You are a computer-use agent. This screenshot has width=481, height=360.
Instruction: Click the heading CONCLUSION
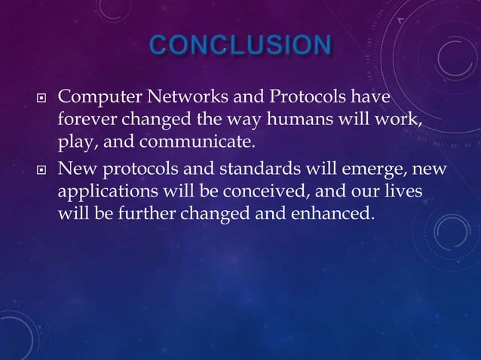[240, 46]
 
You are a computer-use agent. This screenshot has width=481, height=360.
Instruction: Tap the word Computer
[96, 99]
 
